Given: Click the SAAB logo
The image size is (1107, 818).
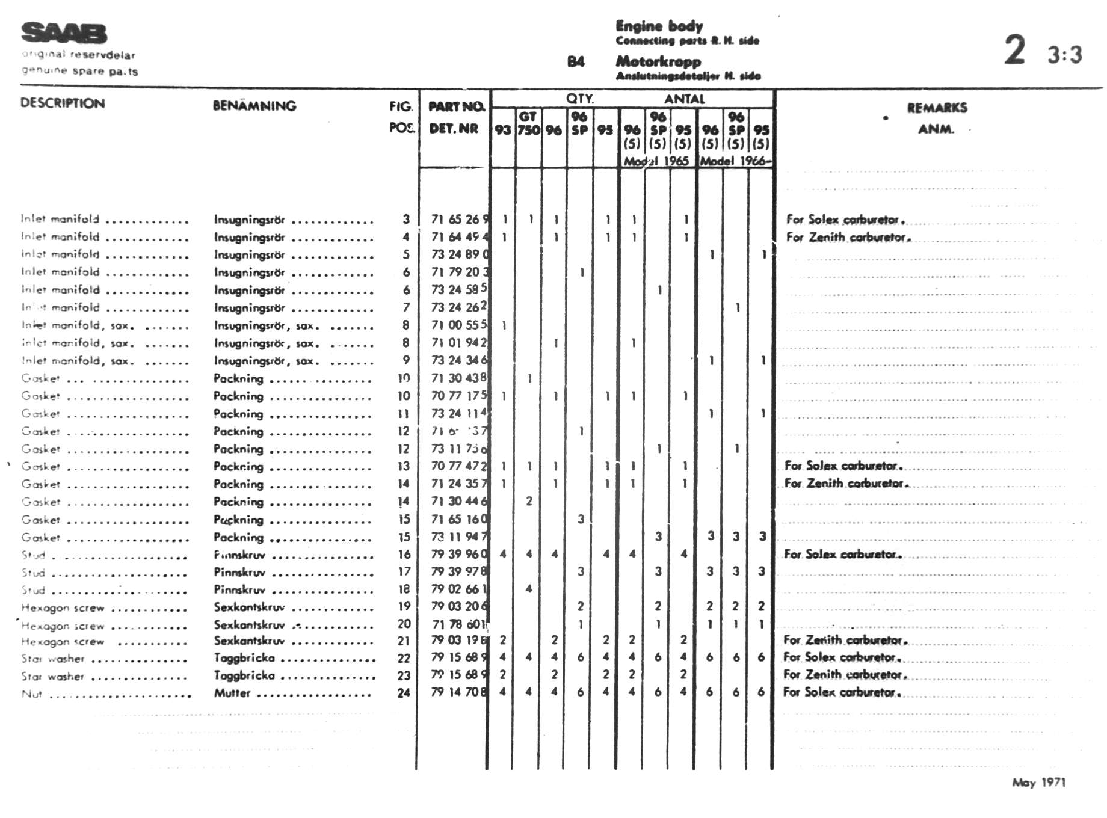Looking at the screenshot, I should (x=64, y=34).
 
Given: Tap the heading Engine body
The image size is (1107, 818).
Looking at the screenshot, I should (x=659, y=26).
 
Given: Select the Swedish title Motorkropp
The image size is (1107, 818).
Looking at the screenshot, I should (x=658, y=61).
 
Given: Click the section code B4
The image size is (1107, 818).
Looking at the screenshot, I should (x=575, y=61).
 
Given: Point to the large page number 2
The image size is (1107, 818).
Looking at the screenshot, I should (x=1014, y=50).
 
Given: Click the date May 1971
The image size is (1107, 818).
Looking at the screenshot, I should (x=1038, y=783).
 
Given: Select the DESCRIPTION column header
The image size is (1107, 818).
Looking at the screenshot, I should (x=63, y=103).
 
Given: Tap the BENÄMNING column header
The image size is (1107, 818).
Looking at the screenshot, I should (x=254, y=106).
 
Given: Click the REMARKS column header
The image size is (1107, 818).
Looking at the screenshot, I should (x=937, y=108).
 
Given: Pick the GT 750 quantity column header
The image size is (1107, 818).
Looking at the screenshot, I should (x=528, y=123).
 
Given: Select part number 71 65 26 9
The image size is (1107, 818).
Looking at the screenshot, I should (x=460, y=219).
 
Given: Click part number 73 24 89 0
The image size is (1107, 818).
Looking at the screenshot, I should (x=460, y=254).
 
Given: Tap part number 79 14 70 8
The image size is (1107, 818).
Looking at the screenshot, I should (x=458, y=692).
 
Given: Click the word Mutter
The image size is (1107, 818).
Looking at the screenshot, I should (x=232, y=693).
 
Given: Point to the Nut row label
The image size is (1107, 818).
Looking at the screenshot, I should (x=32, y=694).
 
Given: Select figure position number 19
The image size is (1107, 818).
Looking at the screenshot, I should (x=404, y=606).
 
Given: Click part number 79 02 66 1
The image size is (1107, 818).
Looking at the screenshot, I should (x=459, y=589).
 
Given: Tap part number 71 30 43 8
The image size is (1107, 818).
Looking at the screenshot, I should (x=458, y=378).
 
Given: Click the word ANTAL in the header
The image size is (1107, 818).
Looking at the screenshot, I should (x=684, y=99).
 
